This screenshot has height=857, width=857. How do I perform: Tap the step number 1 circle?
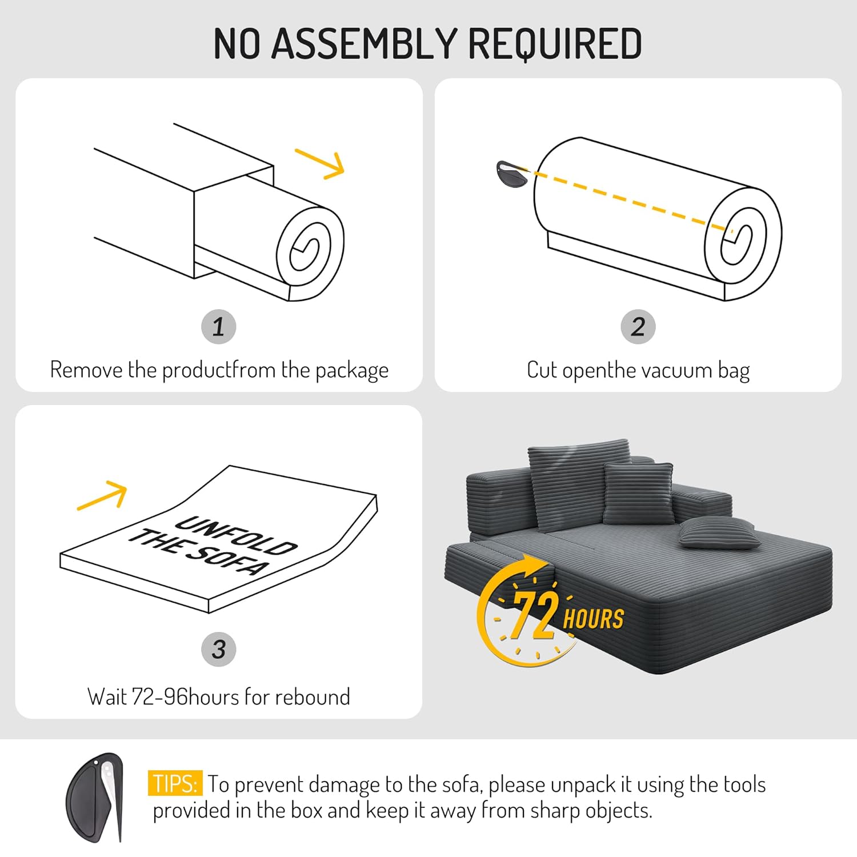[x=219, y=327]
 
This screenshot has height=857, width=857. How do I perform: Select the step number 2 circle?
[x=638, y=327]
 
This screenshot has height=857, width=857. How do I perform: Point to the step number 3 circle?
[x=219, y=649]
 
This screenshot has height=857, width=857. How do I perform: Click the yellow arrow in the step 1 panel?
[x=320, y=163]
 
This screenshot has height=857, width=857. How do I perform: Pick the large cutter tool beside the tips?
[x=95, y=798]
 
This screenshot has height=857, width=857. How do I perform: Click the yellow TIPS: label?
[x=175, y=783]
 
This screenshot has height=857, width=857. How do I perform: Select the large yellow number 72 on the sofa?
[x=534, y=614]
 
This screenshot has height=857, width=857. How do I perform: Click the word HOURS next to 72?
[x=594, y=619]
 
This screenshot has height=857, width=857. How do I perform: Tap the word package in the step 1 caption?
[x=352, y=371]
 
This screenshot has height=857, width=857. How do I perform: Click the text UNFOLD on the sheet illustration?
[x=236, y=535]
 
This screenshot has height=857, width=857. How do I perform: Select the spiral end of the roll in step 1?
[x=310, y=254]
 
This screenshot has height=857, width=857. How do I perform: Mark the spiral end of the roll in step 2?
[x=743, y=243]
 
